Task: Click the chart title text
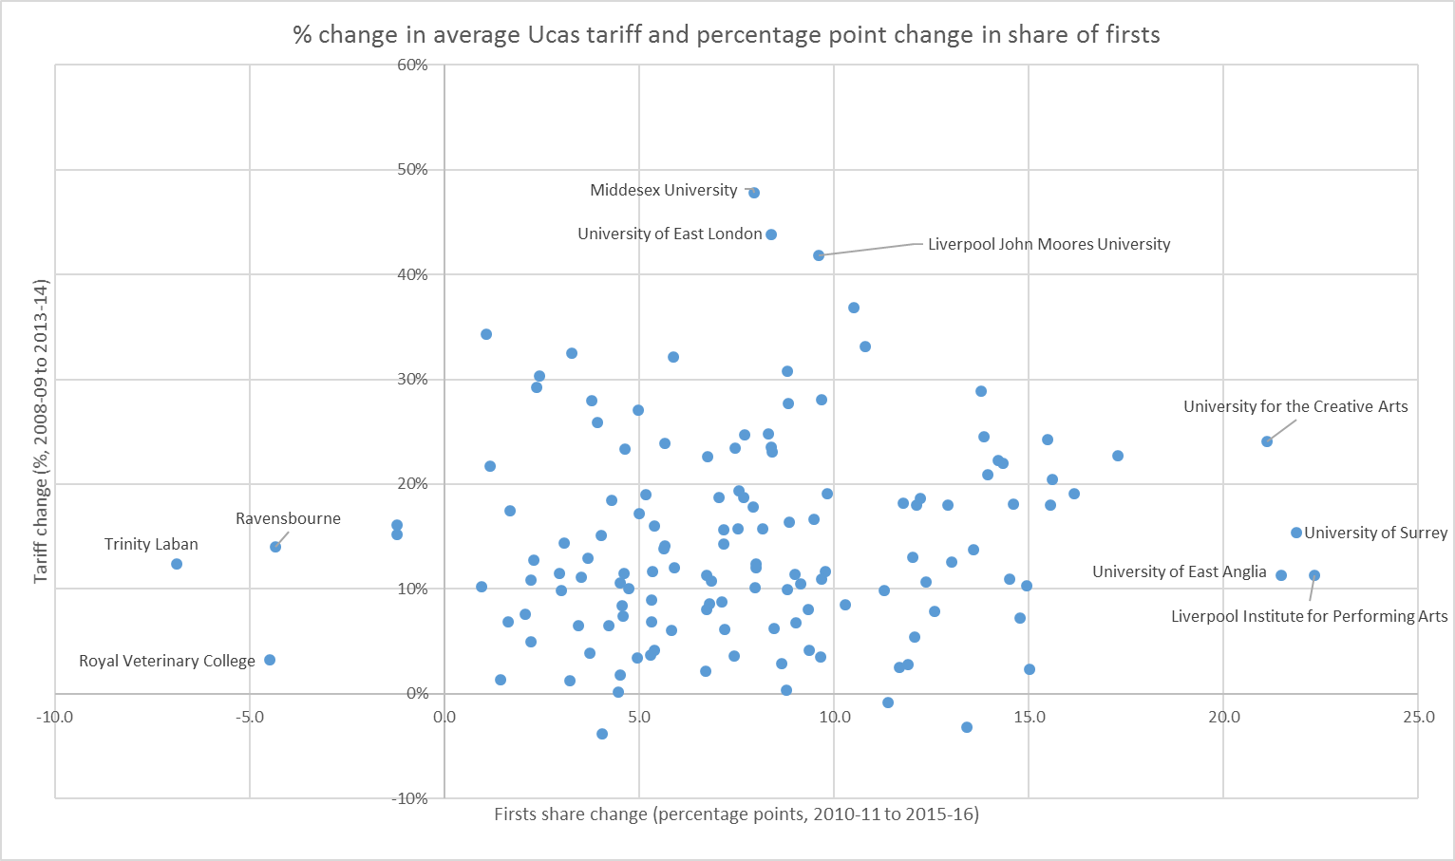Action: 727,35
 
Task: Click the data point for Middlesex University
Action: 754,193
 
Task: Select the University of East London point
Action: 771,234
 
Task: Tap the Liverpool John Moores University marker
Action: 819,255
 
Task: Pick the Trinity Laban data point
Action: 177,564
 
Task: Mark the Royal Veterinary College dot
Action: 270,660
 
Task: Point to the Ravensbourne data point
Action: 275,547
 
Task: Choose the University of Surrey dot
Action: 1296,533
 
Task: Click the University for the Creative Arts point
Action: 1267,441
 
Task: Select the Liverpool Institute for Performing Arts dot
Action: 1314,575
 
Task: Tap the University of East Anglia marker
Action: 1281,575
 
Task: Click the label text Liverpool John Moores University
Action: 1049,244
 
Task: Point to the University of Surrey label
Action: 1376,533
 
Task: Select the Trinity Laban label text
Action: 151,544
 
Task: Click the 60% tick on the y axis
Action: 413,65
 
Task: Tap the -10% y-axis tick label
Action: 410,798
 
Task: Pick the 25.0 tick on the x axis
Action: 1418,717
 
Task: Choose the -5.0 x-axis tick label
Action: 249,717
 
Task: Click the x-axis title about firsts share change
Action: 736,814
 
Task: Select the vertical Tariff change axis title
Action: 41,431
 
